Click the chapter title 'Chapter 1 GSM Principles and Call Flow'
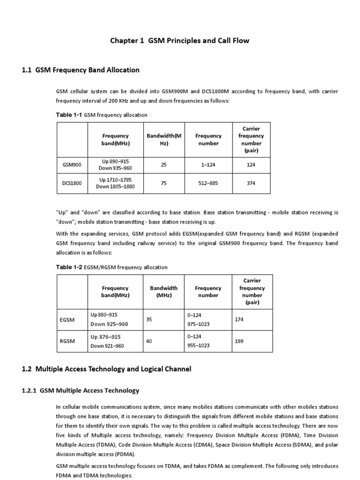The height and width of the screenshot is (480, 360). pos(180,41)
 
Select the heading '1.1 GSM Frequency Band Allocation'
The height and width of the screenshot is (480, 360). pos(81,70)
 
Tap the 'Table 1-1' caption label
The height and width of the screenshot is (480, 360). pos(69,115)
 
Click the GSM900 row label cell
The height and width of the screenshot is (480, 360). pos(72,165)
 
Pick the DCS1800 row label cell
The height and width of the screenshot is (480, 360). pos(72,183)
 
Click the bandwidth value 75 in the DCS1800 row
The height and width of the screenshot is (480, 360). pos(164,183)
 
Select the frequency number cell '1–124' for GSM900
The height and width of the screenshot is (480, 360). pos(209,165)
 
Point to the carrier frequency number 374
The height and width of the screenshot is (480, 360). pos(251,183)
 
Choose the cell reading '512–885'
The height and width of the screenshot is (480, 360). pos(209,183)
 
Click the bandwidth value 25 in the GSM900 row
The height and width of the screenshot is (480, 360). pos(164,165)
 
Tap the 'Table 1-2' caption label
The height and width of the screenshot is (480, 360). pos(69,267)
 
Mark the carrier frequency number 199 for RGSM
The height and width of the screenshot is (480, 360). pos(239,341)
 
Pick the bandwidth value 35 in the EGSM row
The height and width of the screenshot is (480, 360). pos(150,319)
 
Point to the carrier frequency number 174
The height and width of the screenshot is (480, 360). pos(239,319)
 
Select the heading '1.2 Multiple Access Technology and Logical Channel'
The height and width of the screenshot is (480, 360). pos(107,369)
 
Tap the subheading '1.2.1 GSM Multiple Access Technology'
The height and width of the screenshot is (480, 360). pos(81,390)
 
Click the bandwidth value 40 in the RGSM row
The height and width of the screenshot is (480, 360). pos(150,341)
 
